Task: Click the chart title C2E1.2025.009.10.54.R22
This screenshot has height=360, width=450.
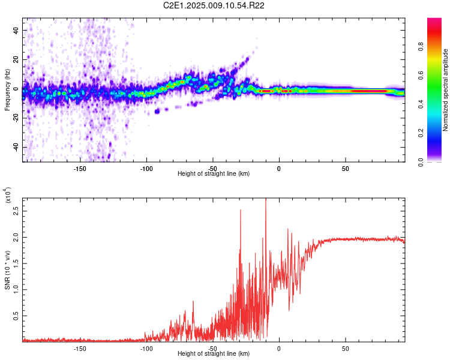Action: [x=214, y=5]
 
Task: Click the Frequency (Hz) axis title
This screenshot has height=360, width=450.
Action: [x=7, y=90]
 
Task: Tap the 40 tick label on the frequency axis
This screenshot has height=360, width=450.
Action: [x=16, y=30]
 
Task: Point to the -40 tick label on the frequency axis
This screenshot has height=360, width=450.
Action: [x=16, y=146]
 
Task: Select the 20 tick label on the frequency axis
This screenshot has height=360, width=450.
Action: [x=16, y=59]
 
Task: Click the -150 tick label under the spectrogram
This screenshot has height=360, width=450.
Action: [x=80, y=169]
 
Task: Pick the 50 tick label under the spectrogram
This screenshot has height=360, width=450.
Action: [x=346, y=169]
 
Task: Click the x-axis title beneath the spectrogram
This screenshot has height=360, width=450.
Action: [x=214, y=173]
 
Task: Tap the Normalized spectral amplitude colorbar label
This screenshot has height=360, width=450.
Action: [x=445, y=90]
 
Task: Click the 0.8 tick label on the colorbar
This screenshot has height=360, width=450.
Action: [x=421, y=46]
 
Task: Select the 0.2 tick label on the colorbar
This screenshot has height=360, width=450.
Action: [x=421, y=133]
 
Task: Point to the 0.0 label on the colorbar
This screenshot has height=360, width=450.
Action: [x=421, y=162]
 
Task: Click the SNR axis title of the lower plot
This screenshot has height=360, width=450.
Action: [x=7, y=270]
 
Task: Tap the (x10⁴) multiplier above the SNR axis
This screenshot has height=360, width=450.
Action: [x=7, y=195]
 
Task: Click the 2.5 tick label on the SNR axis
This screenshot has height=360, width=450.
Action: [x=16, y=211]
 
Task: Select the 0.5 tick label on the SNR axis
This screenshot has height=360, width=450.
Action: [x=16, y=316]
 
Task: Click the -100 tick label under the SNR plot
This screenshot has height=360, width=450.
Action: [x=146, y=349]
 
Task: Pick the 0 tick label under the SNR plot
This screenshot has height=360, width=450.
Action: [x=279, y=349]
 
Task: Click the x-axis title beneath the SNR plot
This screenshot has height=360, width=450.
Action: [x=214, y=353]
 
